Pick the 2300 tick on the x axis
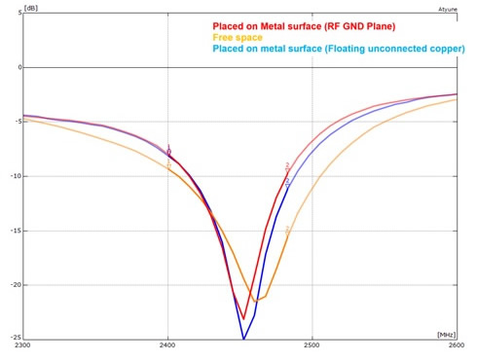click(x=24, y=345)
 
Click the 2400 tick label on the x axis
click(x=167, y=345)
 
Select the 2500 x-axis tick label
click(x=312, y=345)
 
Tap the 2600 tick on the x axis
click(x=455, y=345)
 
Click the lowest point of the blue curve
click(x=243, y=339)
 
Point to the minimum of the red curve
click(x=243, y=318)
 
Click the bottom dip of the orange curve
click(x=255, y=301)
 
